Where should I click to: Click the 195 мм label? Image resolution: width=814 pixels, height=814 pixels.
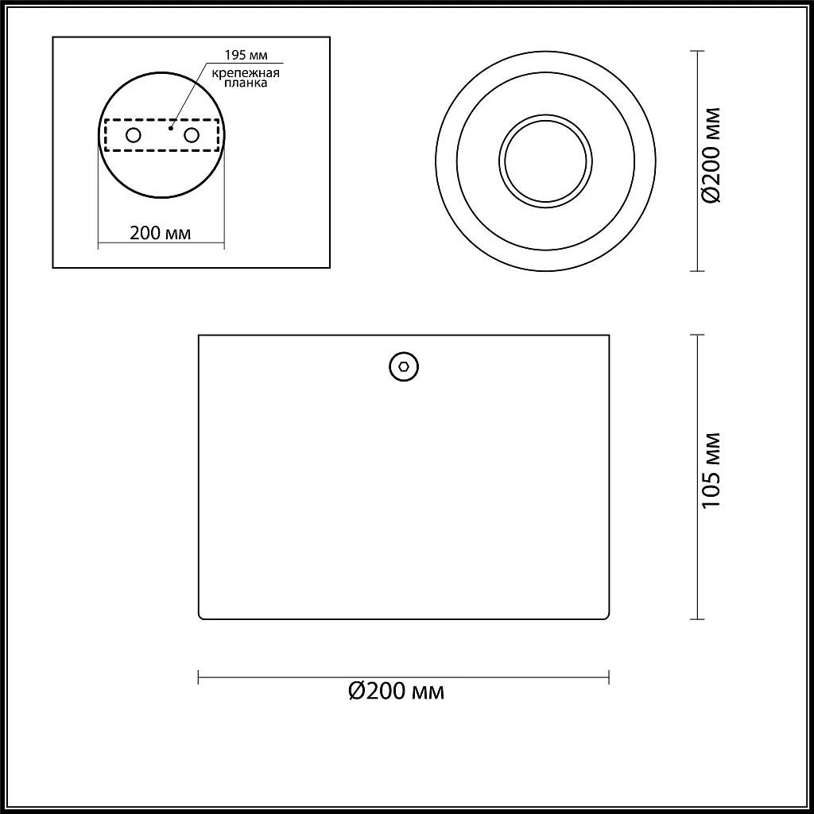(246, 55)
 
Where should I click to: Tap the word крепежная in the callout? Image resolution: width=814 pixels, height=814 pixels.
(246, 74)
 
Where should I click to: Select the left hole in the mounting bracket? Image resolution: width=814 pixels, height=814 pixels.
(134, 135)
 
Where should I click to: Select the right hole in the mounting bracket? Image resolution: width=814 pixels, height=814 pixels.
(192, 135)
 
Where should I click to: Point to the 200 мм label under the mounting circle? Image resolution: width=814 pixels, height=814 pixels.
(160, 233)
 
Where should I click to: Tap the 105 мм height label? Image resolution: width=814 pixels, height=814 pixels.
(711, 471)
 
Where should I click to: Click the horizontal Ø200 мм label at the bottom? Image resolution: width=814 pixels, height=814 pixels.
(397, 691)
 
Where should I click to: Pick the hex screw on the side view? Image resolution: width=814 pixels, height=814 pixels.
(404, 366)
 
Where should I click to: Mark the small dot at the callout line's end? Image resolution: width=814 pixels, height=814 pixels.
(171, 126)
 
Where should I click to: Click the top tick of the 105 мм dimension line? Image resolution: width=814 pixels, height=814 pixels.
(697, 335)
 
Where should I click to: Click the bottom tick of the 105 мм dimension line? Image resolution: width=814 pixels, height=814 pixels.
(697, 618)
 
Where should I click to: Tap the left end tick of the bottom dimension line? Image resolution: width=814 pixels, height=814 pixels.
(198, 677)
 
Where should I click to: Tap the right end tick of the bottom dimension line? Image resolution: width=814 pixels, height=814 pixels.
(609, 677)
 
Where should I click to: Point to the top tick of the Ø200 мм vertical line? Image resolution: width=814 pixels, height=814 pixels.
(697, 52)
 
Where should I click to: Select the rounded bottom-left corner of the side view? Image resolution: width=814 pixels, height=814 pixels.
(201, 615)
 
